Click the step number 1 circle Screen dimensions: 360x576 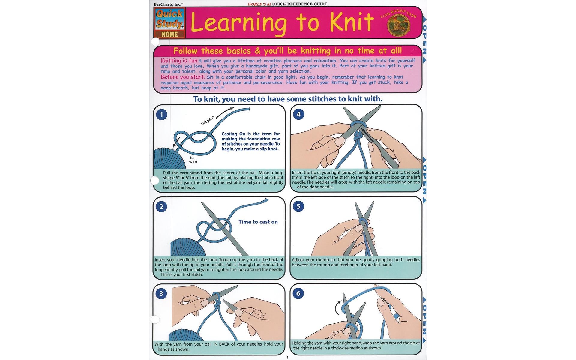pos(162,114)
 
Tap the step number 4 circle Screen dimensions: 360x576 pos(298,114)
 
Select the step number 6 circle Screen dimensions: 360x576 pos(298,293)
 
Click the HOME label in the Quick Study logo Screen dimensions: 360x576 pos(169,34)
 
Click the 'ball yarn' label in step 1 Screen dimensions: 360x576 pos(193,160)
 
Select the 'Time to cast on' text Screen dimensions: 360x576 pos(258,222)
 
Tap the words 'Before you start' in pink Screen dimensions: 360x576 pos(182,77)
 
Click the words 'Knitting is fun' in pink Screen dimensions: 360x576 pos(179,61)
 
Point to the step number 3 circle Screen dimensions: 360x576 pos(161,293)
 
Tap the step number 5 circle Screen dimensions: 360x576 pos(298,206)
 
